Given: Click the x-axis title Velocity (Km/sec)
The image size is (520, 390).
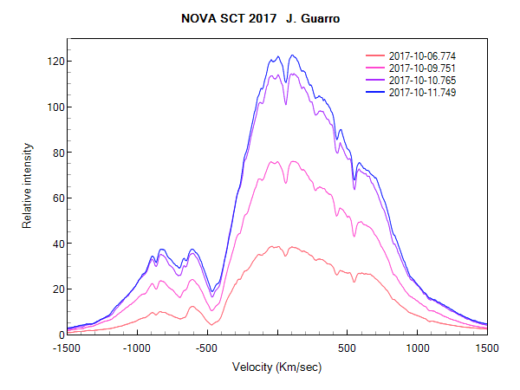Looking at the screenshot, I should click(276, 367).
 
